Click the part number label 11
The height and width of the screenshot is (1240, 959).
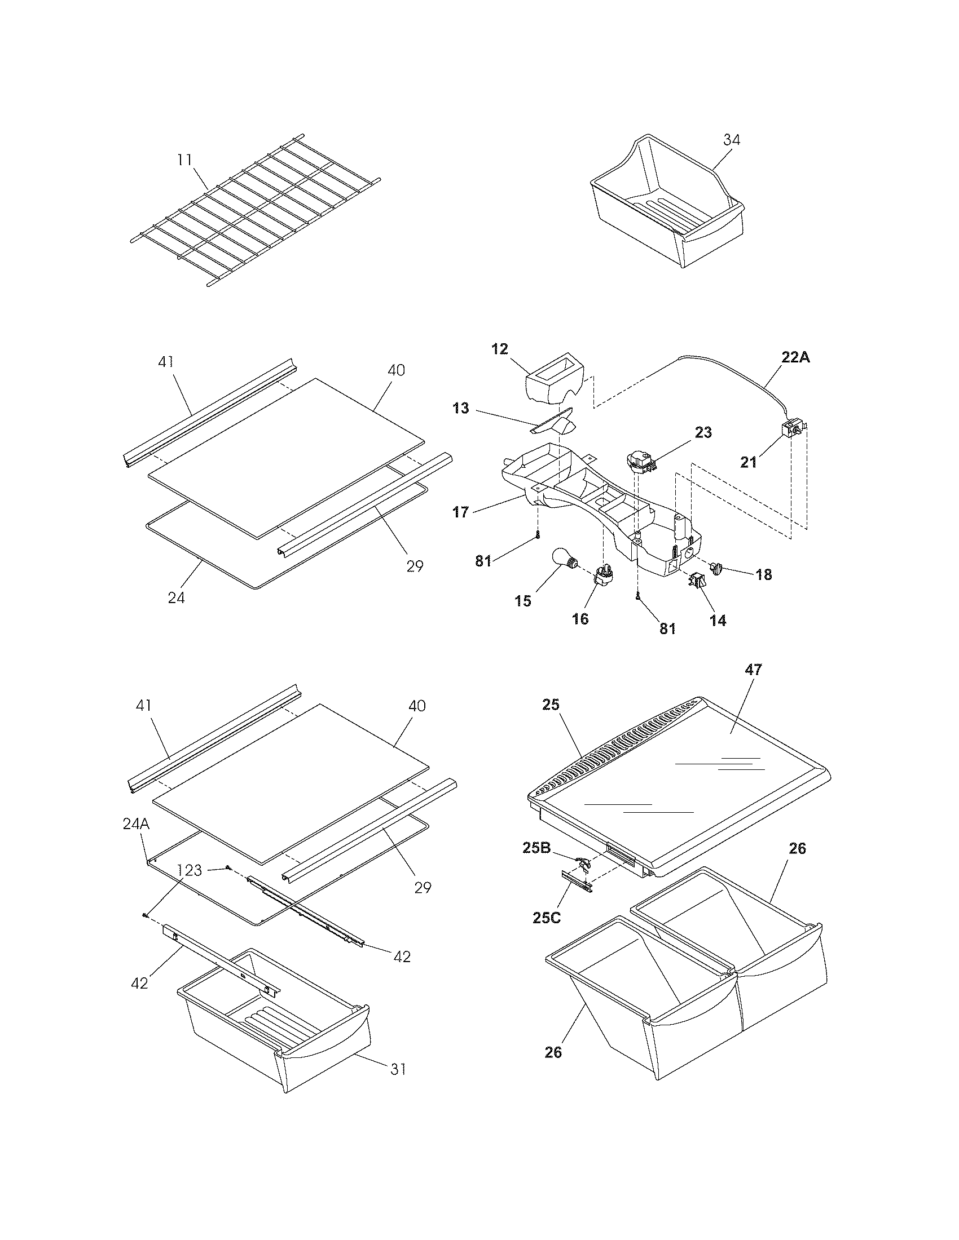click(x=184, y=160)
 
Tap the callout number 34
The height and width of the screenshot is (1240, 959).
click(x=732, y=140)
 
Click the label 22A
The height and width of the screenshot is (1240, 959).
click(x=794, y=357)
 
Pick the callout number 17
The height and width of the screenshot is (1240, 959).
click(x=461, y=512)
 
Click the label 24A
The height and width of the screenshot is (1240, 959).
click(x=137, y=824)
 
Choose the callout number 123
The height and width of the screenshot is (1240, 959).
click(x=189, y=870)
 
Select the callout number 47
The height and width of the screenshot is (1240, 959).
click(x=753, y=670)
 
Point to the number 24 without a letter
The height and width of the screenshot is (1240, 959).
click(x=176, y=597)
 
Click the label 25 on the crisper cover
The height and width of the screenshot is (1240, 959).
click(x=551, y=705)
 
